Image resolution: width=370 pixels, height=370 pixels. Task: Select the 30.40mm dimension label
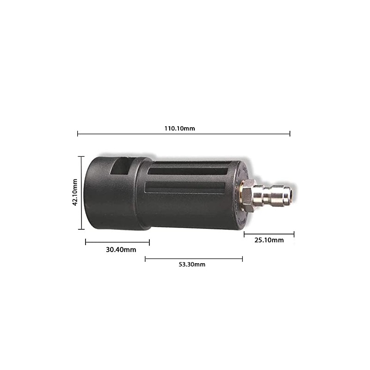[x=121, y=250]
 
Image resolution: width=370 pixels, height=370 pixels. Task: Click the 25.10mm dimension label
[x=269, y=240]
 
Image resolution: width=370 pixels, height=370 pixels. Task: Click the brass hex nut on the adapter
[x=248, y=195]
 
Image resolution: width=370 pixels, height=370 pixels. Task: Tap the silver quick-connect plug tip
[x=282, y=195]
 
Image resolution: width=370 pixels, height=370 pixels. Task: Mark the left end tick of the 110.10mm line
[x=78, y=134]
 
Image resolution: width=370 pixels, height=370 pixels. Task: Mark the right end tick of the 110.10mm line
[x=290, y=134]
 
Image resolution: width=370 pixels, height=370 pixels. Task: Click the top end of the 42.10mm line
[x=82, y=156]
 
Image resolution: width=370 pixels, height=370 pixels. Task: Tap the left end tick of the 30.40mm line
[x=86, y=241]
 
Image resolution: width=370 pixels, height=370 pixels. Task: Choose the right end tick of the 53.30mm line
[x=242, y=259]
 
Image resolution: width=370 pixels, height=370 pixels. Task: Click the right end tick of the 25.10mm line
[x=294, y=234]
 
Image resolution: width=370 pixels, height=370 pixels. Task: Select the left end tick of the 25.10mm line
[x=244, y=234]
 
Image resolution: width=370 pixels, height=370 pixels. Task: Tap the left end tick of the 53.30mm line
[x=145, y=259]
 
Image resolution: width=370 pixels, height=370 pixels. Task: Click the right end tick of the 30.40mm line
[x=149, y=241]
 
